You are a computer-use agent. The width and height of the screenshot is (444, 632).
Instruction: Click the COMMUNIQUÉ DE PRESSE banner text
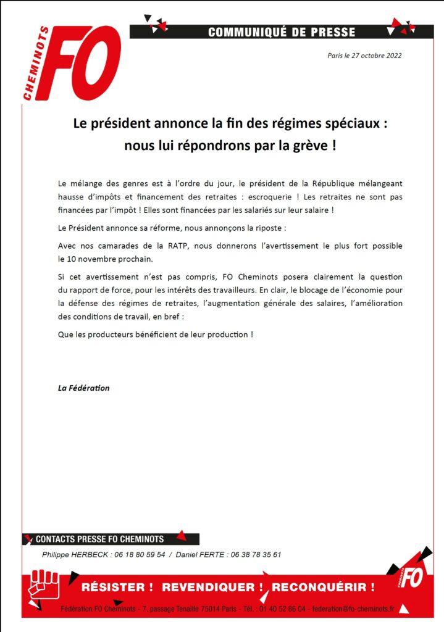point(282,32)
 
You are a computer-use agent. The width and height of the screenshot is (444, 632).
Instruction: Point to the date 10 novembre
point(96,259)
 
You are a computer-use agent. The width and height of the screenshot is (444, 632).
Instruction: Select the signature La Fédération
point(83,388)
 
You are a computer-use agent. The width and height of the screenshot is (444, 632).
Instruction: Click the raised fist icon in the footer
point(44,586)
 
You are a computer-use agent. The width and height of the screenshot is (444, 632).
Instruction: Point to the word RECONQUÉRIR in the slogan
point(323,587)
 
